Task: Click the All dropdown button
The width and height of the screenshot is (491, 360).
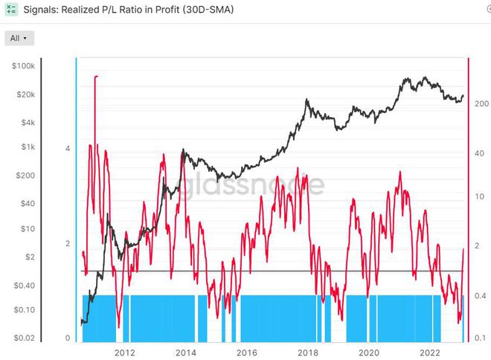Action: point(19,38)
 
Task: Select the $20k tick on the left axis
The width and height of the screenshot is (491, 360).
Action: point(24,94)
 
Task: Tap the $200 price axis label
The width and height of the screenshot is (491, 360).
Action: point(25,176)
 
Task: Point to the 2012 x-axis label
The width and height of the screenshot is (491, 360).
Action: point(124,352)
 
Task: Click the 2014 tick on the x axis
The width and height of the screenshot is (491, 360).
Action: point(185,352)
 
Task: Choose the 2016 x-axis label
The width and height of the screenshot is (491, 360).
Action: point(247,352)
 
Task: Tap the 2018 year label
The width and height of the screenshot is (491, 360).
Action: point(308,352)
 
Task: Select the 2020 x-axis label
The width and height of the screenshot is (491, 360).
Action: point(369,352)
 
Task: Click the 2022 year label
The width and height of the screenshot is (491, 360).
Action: point(430,352)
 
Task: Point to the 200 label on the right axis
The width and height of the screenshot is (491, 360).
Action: point(481,104)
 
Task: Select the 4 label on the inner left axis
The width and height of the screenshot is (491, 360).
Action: point(68,149)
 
